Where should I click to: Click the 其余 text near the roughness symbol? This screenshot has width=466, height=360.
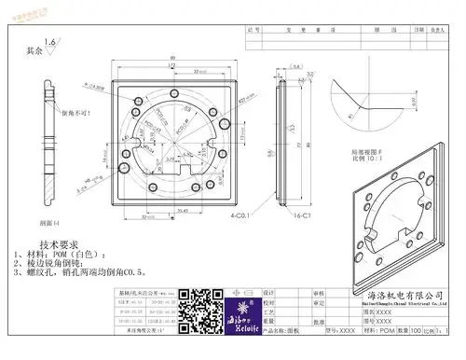point(34,52)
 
